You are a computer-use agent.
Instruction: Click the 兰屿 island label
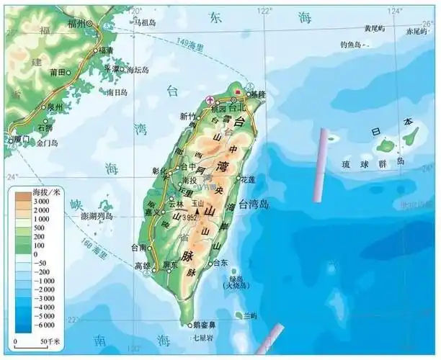251,316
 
